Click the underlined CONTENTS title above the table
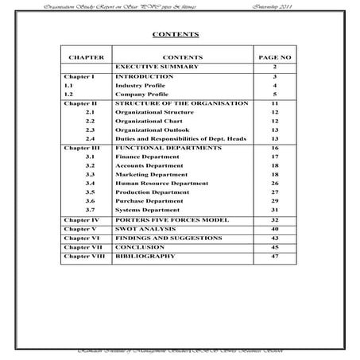(x=175, y=36)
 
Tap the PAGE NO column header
(x=273, y=58)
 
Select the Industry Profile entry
(x=141, y=85)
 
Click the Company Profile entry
(x=142, y=94)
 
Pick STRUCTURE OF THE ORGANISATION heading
(x=181, y=103)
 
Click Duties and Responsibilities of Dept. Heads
(x=180, y=138)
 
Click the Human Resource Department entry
(x=161, y=184)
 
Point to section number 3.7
(x=91, y=210)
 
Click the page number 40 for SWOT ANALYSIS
(x=274, y=229)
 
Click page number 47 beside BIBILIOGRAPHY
(x=274, y=257)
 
